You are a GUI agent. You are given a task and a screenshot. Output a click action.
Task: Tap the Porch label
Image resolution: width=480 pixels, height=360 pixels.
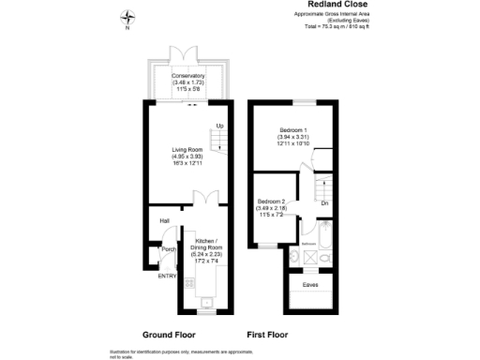pyautogui.click(x=169, y=249)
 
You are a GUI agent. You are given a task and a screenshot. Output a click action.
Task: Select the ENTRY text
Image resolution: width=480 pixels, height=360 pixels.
pyautogui.click(x=167, y=276)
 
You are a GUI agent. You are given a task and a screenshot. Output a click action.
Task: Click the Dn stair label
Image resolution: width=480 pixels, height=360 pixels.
pyautogui.click(x=324, y=202)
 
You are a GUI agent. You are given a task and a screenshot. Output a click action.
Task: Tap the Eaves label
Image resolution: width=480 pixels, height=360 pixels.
pyautogui.click(x=308, y=282)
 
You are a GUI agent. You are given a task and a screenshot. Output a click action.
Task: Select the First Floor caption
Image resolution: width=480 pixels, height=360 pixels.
pyautogui.click(x=267, y=335)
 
